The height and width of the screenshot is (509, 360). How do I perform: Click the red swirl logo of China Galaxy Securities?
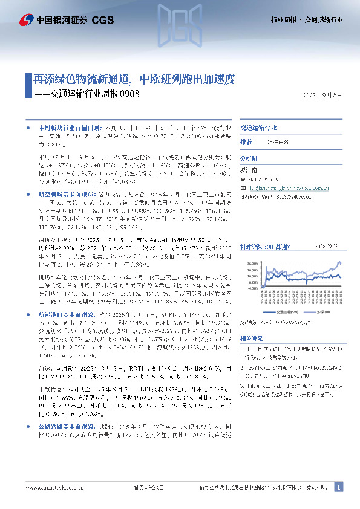pyautogui.click(x=25, y=19)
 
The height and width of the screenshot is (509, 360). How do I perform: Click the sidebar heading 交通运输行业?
pyautogui.click(x=258, y=128)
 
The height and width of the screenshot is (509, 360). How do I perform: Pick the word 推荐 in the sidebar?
pyautogui.click(x=246, y=141)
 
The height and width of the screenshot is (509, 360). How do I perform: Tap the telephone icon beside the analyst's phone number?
pyautogui.click(x=243, y=180)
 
